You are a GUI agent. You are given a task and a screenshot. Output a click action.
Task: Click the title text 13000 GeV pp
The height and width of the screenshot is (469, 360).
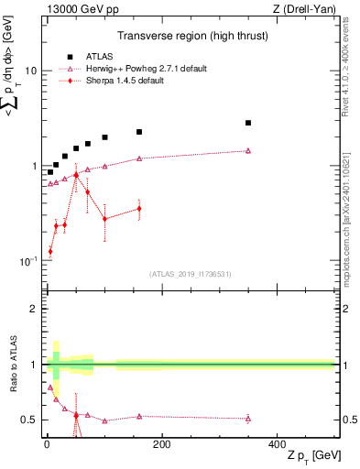(80, 9)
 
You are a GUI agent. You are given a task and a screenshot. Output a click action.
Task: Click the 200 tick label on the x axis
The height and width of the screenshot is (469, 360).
(161, 444)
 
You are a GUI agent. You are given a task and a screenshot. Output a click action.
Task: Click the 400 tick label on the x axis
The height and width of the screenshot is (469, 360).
(277, 444)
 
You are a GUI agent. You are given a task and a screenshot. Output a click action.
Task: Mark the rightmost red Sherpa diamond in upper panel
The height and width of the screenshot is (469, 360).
(139, 209)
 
